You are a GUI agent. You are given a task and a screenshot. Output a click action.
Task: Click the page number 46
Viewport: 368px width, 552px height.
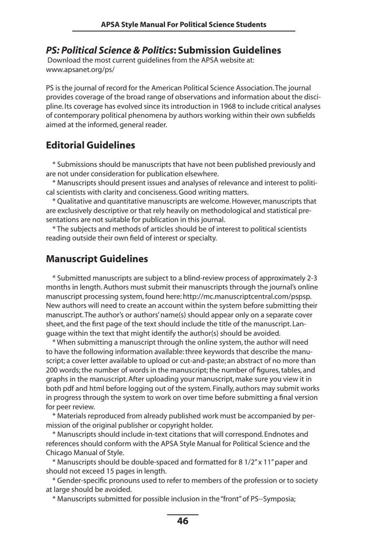click(x=182, y=521)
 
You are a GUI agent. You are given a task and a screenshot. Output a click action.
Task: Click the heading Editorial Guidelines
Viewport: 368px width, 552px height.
click(x=90, y=145)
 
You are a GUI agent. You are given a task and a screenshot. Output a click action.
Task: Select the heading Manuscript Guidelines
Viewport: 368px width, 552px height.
click(x=97, y=259)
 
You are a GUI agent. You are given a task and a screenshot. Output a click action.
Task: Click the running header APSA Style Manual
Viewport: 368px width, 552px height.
click(x=184, y=24)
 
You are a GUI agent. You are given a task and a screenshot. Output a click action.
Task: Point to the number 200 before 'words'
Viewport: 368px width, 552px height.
click(x=52, y=370)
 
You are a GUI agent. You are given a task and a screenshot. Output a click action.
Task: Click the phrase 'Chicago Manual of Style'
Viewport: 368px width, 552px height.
click(x=85, y=453)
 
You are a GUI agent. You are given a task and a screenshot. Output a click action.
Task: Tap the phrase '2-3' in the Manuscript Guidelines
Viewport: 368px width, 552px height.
click(x=312, y=278)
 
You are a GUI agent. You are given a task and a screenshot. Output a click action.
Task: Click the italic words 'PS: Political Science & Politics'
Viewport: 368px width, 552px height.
click(x=109, y=50)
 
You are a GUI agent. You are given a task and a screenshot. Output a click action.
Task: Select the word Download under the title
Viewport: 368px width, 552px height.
click(x=64, y=61)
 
